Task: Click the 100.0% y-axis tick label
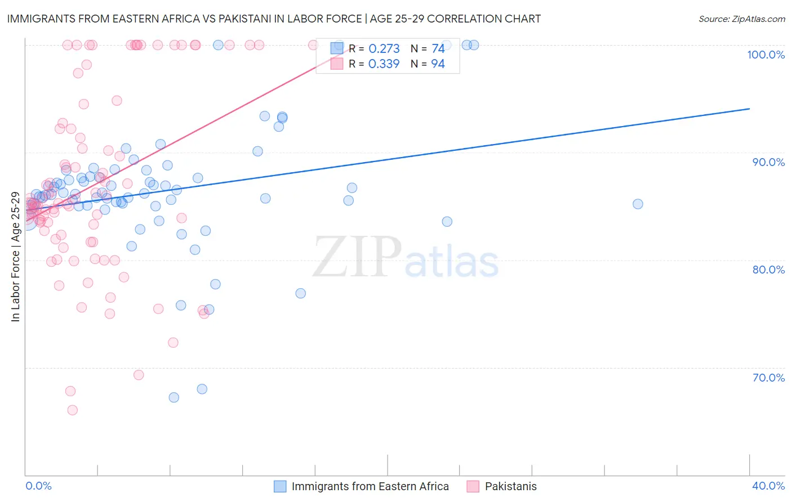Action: [766, 55]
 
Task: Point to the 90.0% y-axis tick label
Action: [768, 162]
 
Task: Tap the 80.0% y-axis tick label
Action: [768, 270]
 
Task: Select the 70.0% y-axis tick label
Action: [768, 378]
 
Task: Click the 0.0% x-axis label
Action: [38, 486]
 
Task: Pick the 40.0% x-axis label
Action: [768, 486]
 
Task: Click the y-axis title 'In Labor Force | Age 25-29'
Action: [15, 257]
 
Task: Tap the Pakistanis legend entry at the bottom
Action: [510, 486]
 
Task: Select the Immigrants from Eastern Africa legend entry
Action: [370, 486]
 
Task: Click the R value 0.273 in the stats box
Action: [384, 49]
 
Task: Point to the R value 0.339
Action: [384, 64]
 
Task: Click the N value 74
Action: [438, 49]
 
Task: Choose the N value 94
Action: [438, 64]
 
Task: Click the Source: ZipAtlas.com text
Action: [741, 19]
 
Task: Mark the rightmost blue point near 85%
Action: [638, 204]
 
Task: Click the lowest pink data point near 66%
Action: [72, 410]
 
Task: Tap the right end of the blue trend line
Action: [749, 109]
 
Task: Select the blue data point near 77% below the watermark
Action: [300, 293]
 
